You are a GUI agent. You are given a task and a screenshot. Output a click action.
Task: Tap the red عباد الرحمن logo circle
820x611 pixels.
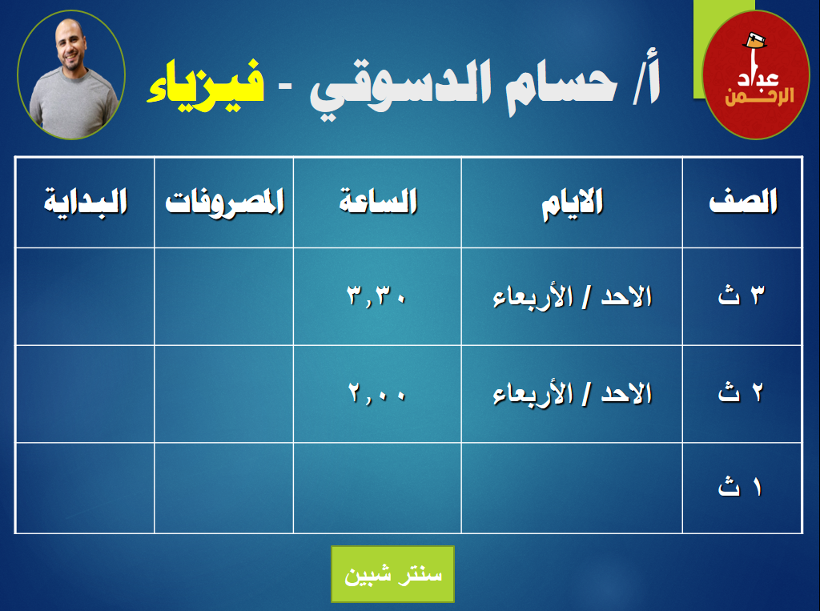pos(755,74)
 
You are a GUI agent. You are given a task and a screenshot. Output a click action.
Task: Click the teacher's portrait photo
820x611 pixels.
pos(71,74)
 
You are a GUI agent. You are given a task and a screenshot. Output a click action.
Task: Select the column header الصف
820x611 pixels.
pos(743,202)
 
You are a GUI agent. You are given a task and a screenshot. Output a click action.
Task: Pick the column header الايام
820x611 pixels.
pos(572,203)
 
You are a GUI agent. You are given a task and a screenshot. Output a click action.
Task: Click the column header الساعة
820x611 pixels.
pos(378,201)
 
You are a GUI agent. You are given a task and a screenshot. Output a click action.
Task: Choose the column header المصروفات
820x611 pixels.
pos(224,202)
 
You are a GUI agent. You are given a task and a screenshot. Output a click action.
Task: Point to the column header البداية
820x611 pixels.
pos(85,202)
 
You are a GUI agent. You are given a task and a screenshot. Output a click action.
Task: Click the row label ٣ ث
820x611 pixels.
pos(742,295)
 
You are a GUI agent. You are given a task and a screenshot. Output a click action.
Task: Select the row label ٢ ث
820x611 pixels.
pos(741,392)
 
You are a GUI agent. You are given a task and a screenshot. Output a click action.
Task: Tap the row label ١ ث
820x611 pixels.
pos(739,487)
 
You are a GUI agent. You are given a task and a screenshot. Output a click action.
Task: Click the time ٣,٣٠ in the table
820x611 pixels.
pos(376,296)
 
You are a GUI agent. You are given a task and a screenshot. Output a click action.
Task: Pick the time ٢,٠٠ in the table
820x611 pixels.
pos(376,393)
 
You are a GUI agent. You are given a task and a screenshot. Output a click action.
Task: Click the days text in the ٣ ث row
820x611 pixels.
pos(572,297)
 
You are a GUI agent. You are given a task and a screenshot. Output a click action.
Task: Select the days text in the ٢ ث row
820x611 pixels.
pos(572,394)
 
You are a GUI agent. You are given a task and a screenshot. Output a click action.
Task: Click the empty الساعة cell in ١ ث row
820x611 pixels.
pos(377,488)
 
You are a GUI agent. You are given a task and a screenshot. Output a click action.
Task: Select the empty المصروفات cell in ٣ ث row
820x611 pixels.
pos(224,296)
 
